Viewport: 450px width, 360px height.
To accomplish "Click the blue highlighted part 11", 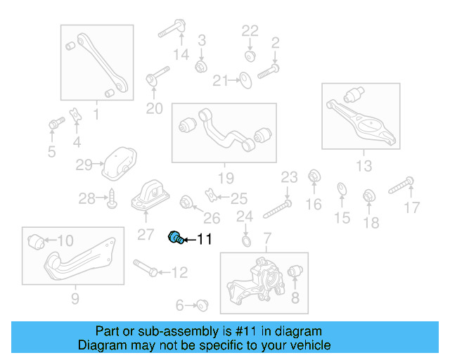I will [175, 238].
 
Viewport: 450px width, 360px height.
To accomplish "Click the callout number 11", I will [203, 240].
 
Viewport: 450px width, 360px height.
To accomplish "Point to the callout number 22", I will [250, 30].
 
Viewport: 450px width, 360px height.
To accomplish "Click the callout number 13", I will [364, 166].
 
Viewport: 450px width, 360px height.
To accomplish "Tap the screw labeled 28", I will [112, 200].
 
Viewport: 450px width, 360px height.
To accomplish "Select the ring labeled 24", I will [245, 242].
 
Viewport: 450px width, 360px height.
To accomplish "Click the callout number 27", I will [146, 233].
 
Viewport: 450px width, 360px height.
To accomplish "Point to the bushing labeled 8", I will [296, 271].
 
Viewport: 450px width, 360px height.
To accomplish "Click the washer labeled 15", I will [342, 188].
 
